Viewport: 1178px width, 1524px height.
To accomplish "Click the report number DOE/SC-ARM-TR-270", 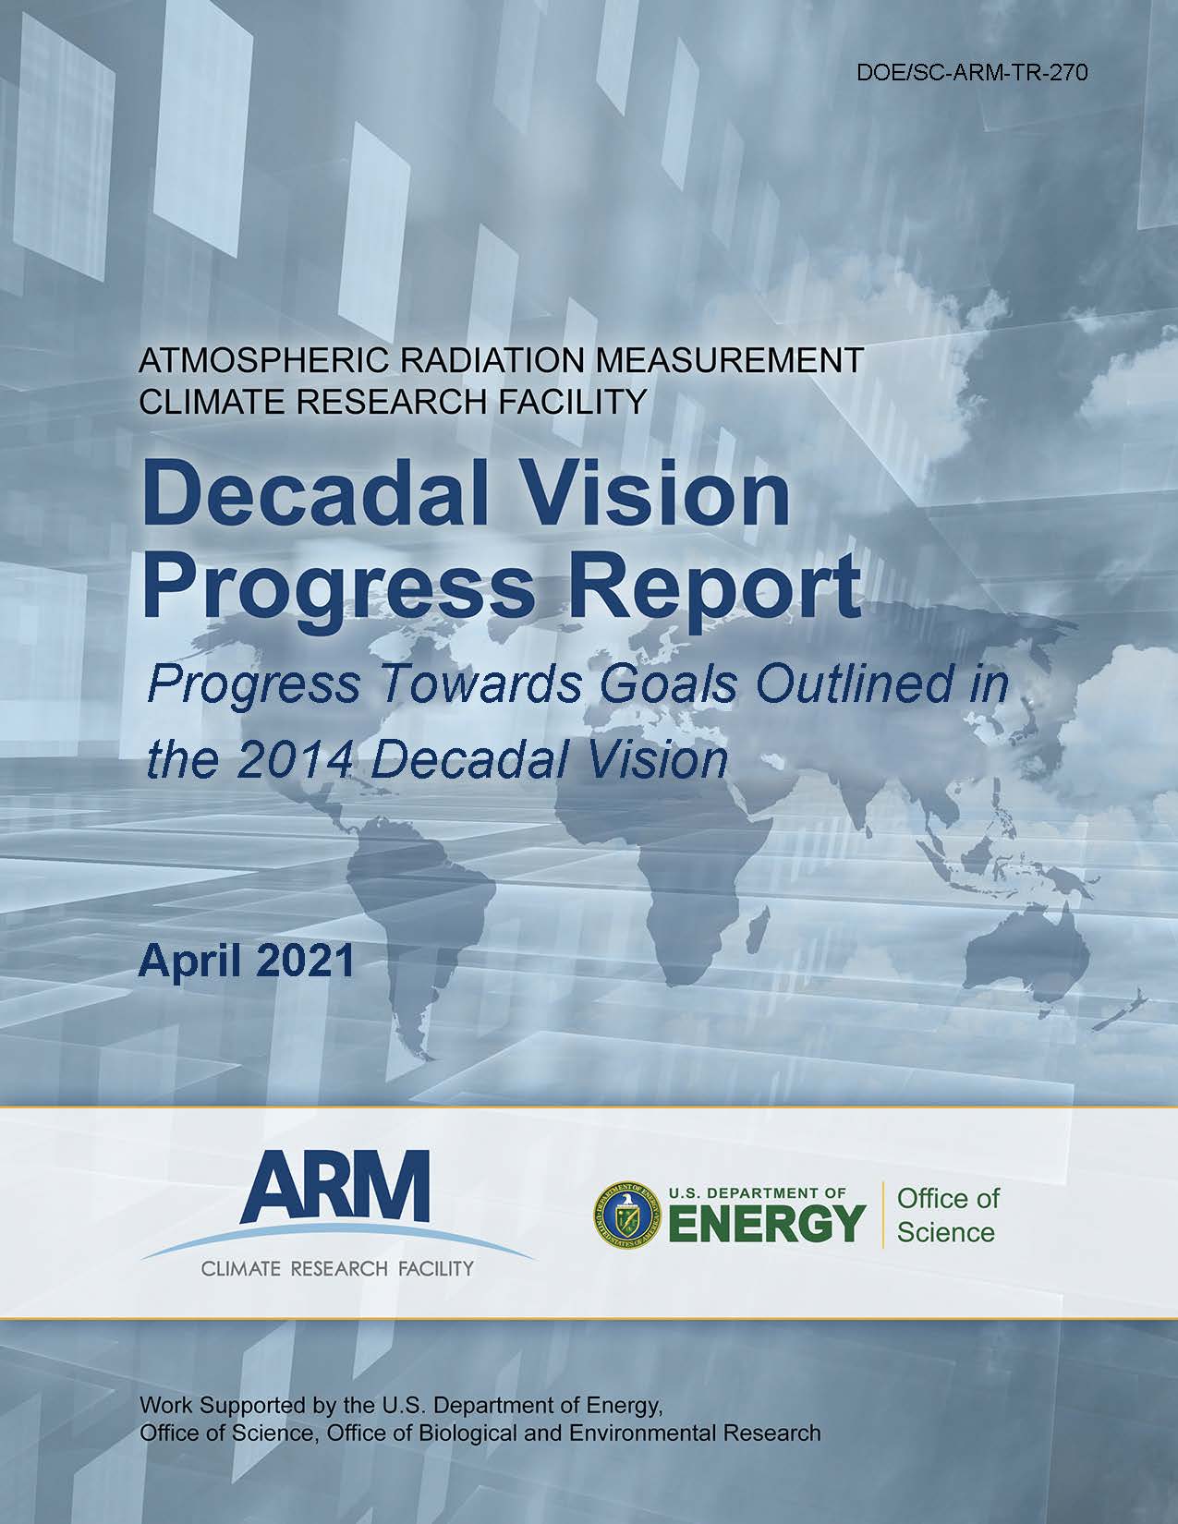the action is [973, 73].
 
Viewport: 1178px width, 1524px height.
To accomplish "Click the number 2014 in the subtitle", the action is [294, 760].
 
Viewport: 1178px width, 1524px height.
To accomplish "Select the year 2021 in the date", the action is [305, 961].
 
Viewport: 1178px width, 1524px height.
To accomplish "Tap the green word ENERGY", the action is [768, 1222].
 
